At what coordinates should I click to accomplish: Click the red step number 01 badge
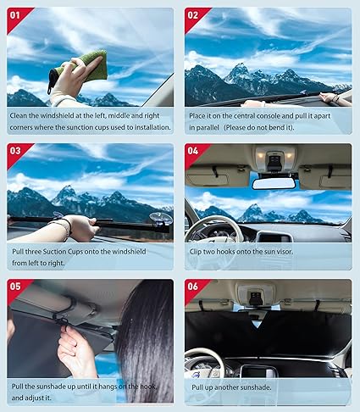click(x=17, y=15)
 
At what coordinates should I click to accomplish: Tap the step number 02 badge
click(x=194, y=15)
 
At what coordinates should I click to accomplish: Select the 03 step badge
click(x=17, y=151)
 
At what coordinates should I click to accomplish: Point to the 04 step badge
click(x=194, y=151)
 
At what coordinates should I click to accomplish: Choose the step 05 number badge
click(x=17, y=287)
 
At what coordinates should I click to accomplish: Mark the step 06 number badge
click(x=194, y=287)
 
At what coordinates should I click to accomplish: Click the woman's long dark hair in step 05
click(x=144, y=339)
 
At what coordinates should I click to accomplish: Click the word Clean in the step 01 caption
click(x=21, y=114)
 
